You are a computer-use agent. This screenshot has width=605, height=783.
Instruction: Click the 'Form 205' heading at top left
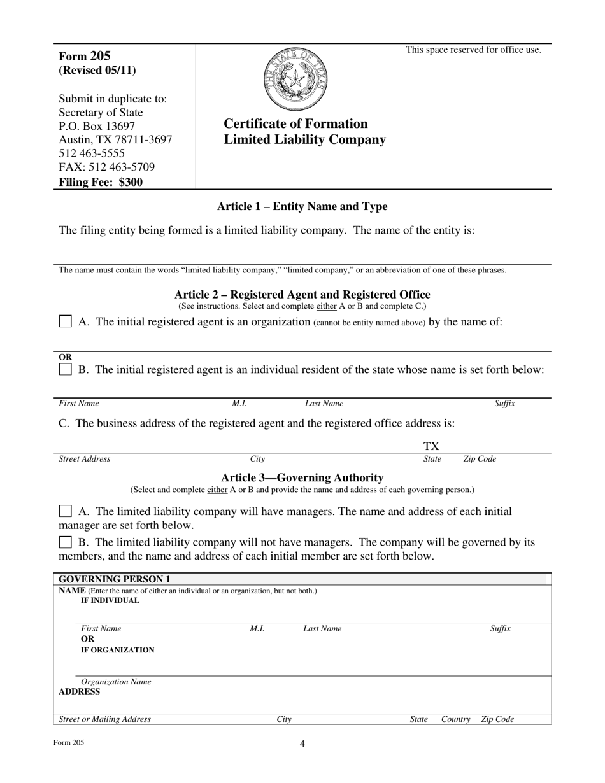84,56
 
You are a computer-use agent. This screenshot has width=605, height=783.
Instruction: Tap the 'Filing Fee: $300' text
101,182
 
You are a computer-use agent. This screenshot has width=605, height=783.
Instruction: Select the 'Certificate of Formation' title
295,123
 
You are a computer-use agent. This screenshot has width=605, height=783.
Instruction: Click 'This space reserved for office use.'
474,50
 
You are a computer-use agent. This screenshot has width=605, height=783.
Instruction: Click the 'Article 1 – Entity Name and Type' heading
302,206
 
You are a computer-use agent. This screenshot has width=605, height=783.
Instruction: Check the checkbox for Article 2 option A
65,321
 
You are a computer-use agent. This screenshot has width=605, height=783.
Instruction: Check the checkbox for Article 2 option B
65,369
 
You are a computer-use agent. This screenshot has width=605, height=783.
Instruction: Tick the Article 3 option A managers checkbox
65,511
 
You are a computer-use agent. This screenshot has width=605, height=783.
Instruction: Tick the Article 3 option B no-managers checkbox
65,542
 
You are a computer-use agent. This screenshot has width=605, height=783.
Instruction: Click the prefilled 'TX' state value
432,447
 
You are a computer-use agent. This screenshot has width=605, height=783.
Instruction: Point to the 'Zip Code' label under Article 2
479,459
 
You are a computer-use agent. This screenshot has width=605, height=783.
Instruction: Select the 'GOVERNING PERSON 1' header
115,579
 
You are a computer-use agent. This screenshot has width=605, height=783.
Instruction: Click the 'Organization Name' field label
116,682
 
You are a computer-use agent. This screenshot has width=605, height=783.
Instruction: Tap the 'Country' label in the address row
456,719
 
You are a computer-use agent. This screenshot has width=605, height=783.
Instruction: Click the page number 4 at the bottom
302,744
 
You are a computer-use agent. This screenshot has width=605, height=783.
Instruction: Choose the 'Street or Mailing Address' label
105,719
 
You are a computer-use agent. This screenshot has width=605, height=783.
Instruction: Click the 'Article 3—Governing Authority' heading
302,477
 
